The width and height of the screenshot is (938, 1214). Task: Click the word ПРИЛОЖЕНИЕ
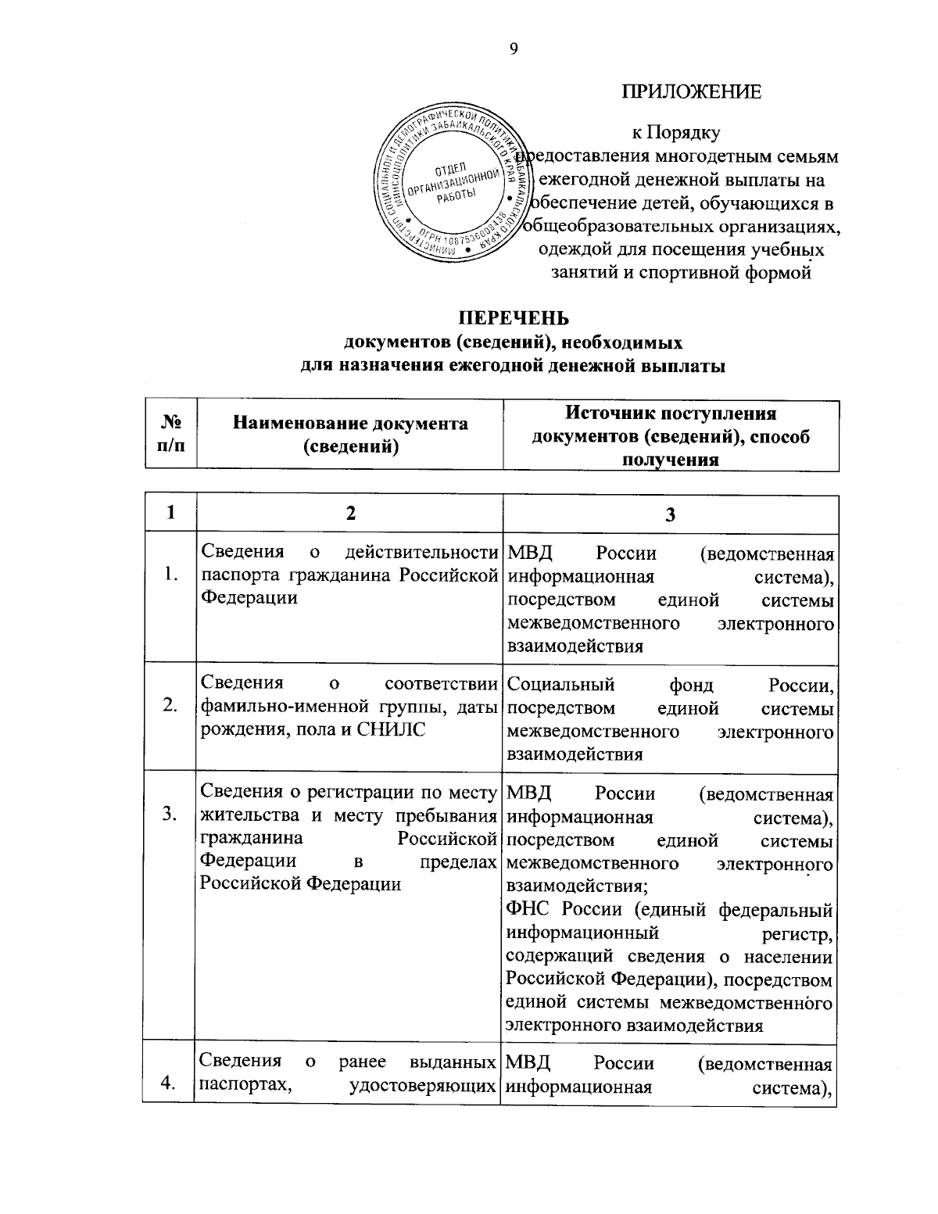coord(691,92)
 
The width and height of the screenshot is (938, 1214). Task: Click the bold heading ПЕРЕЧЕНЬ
coord(514,319)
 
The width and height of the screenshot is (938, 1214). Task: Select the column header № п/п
coord(170,434)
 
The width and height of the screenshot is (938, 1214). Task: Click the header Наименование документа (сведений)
coord(350,435)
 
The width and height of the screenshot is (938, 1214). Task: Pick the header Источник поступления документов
coord(671,435)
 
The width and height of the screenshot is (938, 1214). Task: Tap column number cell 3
coord(670,514)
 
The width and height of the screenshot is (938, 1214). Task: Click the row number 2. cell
coord(170,706)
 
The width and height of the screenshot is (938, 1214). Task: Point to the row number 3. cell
coord(170,815)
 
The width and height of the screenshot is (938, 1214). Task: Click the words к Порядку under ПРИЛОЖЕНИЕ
coord(676,133)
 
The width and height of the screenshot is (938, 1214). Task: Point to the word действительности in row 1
coord(421,552)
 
